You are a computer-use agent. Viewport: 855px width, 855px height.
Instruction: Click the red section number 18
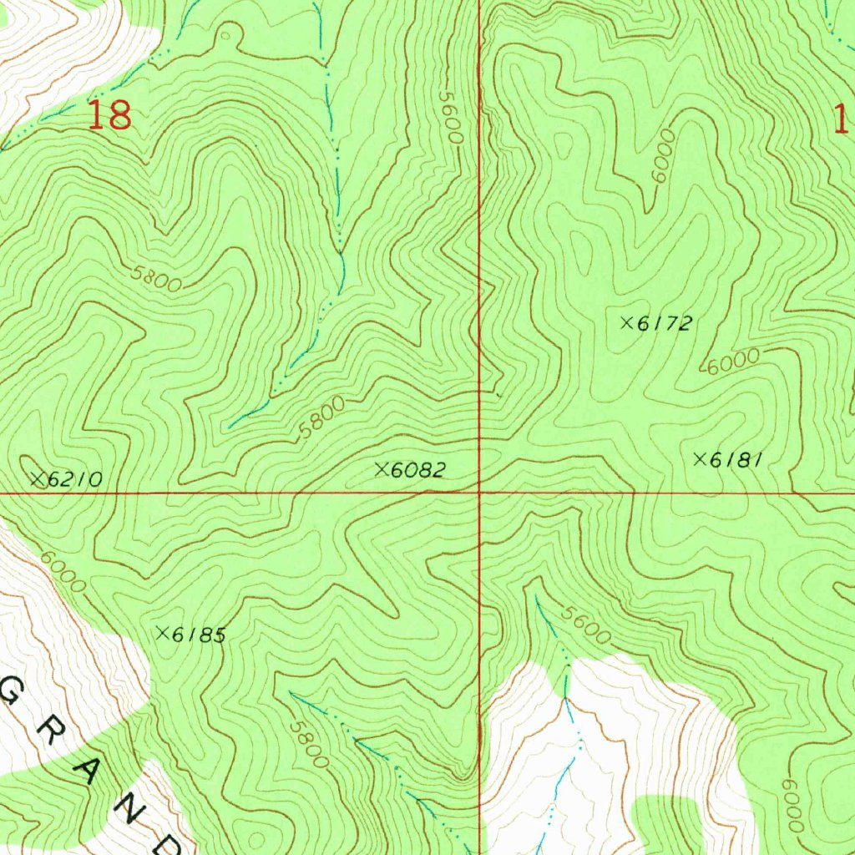click(109, 115)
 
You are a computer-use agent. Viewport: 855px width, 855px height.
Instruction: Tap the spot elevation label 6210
click(75, 480)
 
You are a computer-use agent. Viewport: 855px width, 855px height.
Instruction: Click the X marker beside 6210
click(37, 479)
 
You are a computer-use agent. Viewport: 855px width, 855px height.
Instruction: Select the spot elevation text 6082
click(417, 471)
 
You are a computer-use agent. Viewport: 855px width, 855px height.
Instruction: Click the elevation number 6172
click(665, 324)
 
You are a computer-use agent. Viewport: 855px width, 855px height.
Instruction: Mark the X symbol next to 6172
click(626, 322)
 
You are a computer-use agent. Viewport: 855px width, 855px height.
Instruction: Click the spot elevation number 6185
click(199, 635)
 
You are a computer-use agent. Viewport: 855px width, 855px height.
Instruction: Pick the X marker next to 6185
click(162, 634)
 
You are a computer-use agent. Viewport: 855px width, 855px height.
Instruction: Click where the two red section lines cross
click(479, 493)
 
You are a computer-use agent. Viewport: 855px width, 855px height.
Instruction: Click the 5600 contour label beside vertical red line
click(451, 120)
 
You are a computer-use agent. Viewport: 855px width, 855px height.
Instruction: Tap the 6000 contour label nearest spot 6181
click(733, 362)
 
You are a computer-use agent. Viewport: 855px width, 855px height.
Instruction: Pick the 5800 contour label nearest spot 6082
click(322, 417)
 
